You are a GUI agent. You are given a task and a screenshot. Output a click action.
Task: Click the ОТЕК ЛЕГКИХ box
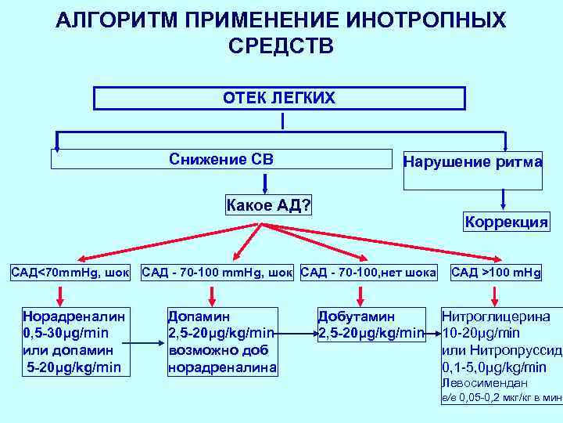point(279,98)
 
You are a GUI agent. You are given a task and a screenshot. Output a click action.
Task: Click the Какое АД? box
point(268,206)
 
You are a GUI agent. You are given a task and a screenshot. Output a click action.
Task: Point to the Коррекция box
point(506,222)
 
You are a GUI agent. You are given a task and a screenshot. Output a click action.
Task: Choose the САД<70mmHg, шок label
point(70,273)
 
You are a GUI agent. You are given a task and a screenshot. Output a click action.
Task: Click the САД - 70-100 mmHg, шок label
point(217,273)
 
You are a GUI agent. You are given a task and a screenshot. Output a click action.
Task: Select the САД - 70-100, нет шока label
point(368,273)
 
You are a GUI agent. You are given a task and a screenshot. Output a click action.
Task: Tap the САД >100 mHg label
point(495,273)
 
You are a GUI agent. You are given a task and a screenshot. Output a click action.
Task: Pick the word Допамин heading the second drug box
point(199,317)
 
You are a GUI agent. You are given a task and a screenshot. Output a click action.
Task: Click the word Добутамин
point(356,317)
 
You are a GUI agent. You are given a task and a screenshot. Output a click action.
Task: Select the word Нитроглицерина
point(496,317)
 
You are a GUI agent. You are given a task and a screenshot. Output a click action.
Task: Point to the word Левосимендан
point(484,383)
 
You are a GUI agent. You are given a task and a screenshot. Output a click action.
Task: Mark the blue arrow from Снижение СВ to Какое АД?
point(266,182)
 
